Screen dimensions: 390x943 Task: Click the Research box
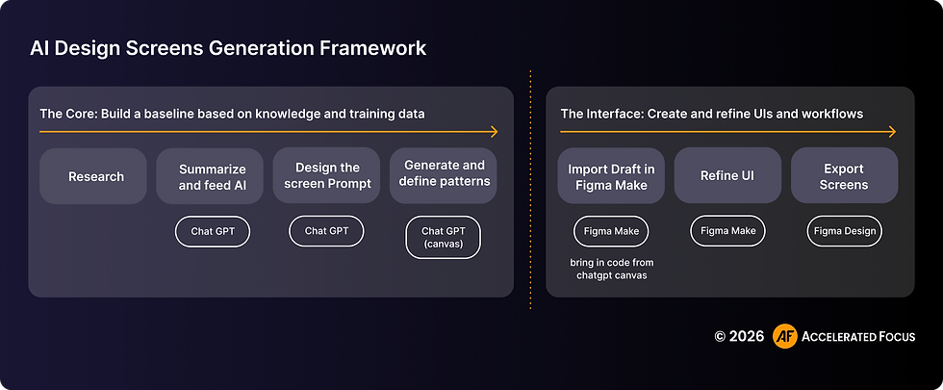coord(95,176)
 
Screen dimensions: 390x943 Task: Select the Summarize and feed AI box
coord(212,176)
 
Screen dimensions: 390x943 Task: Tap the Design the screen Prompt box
coord(326,176)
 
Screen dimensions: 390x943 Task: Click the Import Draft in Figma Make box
coord(611,176)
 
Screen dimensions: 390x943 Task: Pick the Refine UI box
coord(727,176)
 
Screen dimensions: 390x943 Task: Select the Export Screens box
coord(844,176)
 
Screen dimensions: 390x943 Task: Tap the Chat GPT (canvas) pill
coord(444,237)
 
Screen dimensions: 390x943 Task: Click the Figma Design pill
coord(844,231)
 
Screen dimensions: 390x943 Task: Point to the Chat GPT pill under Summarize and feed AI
coord(212,231)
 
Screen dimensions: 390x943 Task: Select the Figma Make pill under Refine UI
coord(727,231)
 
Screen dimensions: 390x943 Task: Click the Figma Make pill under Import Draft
coord(611,231)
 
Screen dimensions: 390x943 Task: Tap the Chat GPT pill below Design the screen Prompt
coord(326,231)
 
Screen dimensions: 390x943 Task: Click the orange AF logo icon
coord(784,336)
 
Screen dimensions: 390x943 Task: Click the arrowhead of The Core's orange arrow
coord(495,131)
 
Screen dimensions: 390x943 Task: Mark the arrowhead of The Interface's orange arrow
coord(892,131)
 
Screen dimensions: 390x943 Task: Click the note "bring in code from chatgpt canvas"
coord(611,270)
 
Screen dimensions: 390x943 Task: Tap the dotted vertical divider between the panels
coord(530,193)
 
